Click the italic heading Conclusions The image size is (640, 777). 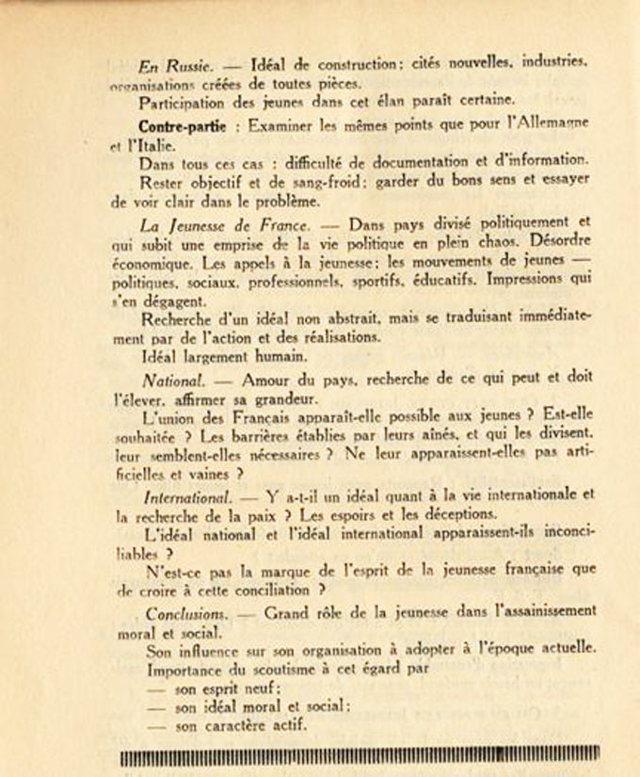pos(185,612)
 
